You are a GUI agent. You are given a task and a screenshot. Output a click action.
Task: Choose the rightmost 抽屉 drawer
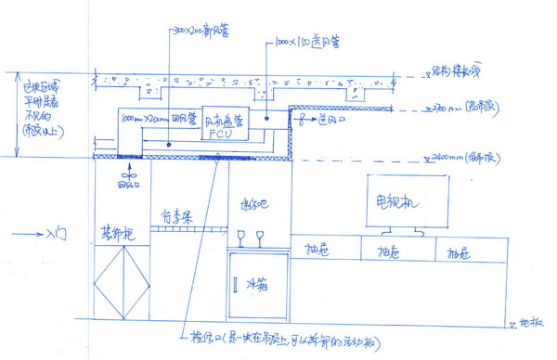click(x=460, y=251)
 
